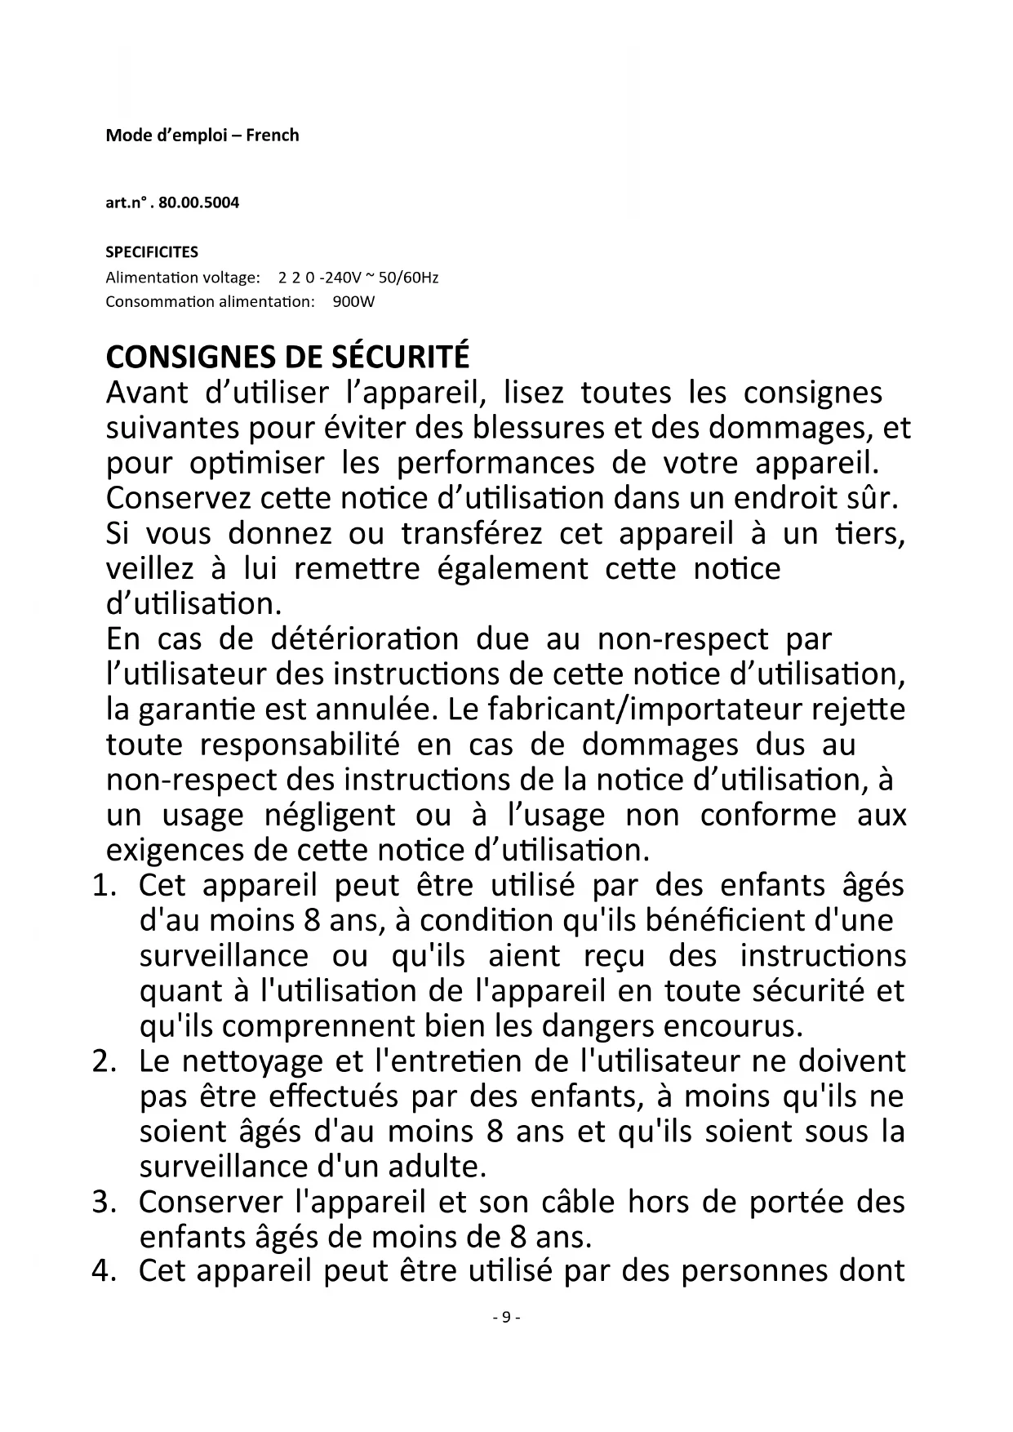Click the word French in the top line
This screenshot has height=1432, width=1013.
coord(273,136)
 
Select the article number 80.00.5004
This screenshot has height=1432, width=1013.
coord(199,202)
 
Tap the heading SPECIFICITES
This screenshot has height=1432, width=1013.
coord(152,251)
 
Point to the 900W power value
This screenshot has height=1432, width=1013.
coord(353,302)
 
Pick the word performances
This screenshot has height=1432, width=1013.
coord(495,463)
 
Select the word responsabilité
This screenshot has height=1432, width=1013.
coord(300,745)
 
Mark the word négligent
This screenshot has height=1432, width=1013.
coord(330,815)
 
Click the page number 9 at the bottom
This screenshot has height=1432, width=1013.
coord(506,1317)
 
